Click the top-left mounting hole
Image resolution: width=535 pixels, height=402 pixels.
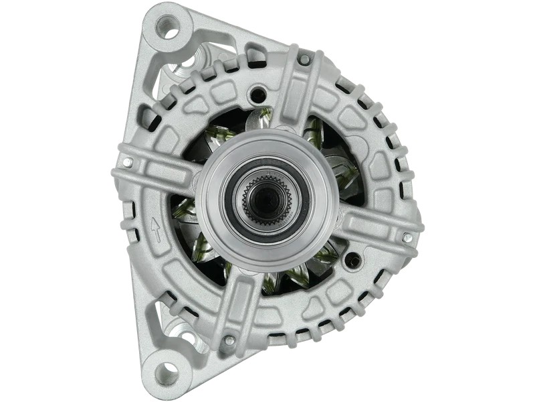[x=167, y=29]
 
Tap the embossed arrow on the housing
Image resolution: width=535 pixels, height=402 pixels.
[x=156, y=229]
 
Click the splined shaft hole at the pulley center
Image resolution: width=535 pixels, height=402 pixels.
[x=267, y=198]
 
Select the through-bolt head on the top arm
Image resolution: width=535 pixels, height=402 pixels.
[x=304, y=60]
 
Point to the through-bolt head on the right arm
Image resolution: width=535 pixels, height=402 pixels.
[x=407, y=237]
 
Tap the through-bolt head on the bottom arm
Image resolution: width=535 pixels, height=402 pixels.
[x=229, y=340]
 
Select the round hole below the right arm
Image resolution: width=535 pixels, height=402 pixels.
[x=354, y=261]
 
